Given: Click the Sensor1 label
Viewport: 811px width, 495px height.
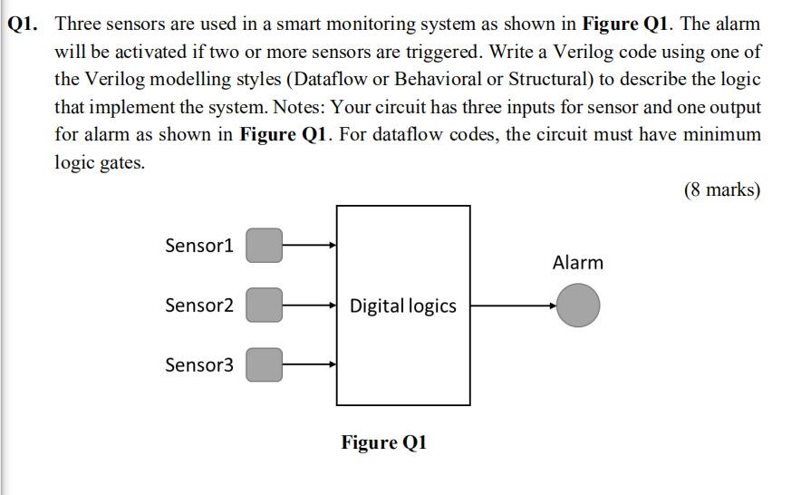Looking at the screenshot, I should point(199,246).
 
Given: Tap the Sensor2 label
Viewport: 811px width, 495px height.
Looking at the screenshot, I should point(199,306).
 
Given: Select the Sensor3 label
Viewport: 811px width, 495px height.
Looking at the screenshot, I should point(199,365).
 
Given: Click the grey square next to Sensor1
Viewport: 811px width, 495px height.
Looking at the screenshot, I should point(265,245).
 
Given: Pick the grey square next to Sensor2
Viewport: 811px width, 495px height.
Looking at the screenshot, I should point(265,306).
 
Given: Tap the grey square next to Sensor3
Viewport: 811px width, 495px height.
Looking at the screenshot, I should point(265,365).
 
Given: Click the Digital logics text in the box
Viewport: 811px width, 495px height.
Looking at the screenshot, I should point(403,306).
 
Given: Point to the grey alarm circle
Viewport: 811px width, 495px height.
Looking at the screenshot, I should point(578,306).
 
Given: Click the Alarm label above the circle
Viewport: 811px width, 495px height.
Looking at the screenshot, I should point(577,263).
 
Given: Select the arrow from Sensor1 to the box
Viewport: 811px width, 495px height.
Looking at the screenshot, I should point(309,245).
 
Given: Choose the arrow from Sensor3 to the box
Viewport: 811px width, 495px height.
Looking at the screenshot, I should point(309,365).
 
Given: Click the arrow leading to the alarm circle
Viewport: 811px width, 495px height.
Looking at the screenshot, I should point(513,306).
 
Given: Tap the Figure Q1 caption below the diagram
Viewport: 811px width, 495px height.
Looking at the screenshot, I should point(383,442).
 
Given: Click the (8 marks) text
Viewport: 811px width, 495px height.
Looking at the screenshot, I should point(722,189).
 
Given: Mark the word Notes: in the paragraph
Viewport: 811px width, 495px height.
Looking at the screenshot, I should point(296,108).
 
